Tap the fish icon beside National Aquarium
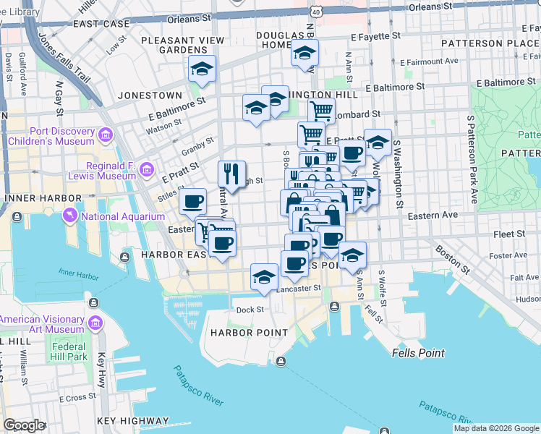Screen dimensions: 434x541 coord(70,216)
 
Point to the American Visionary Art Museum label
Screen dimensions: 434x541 coord(42,324)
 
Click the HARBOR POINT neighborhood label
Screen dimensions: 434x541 coord(240,333)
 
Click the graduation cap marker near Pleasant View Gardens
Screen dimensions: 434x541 coord(203,69)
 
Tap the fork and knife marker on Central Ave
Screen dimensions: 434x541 coord(231,174)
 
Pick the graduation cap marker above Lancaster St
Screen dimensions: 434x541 coord(265,277)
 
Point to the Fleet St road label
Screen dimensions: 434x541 coord(511,234)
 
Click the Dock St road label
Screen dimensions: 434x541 coord(250,310)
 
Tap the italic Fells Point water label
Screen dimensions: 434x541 coord(418,353)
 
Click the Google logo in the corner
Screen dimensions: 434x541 coord(24,425)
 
